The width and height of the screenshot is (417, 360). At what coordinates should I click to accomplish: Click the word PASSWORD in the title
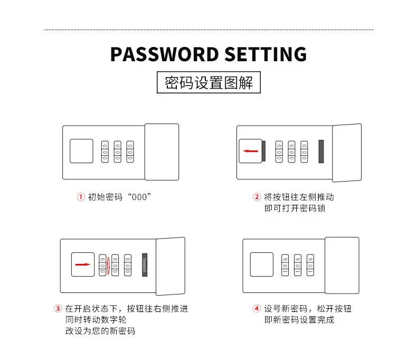(x=165, y=54)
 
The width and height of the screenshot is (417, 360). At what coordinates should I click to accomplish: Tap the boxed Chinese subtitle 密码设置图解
(x=209, y=83)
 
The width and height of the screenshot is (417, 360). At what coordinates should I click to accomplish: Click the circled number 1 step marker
(x=81, y=197)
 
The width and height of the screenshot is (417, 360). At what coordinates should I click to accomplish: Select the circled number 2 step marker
(x=257, y=197)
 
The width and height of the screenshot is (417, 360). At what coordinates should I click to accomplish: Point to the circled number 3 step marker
(x=58, y=309)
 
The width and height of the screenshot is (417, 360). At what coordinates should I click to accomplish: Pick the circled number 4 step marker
(x=257, y=309)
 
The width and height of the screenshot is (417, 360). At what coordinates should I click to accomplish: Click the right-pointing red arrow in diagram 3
(x=83, y=264)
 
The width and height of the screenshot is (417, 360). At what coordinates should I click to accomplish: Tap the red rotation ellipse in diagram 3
(x=108, y=265)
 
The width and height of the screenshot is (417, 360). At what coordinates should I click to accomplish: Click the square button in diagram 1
(x=81, y=151)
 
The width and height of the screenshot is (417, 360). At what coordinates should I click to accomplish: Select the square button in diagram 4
(x=261, y=264)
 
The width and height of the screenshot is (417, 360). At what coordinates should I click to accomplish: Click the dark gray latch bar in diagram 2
(x=321, y=151)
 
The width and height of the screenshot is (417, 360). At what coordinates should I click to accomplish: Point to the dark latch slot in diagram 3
(x=145, y=265)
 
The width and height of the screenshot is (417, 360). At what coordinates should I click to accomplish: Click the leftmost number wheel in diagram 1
(x=105, y=151)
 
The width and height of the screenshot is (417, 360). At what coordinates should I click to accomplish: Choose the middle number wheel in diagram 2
(x=291, y=151)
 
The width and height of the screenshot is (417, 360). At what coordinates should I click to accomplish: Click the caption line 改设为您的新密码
(x=100, y=331)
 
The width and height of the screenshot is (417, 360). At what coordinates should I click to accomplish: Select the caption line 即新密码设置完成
(x=299, y=320)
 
